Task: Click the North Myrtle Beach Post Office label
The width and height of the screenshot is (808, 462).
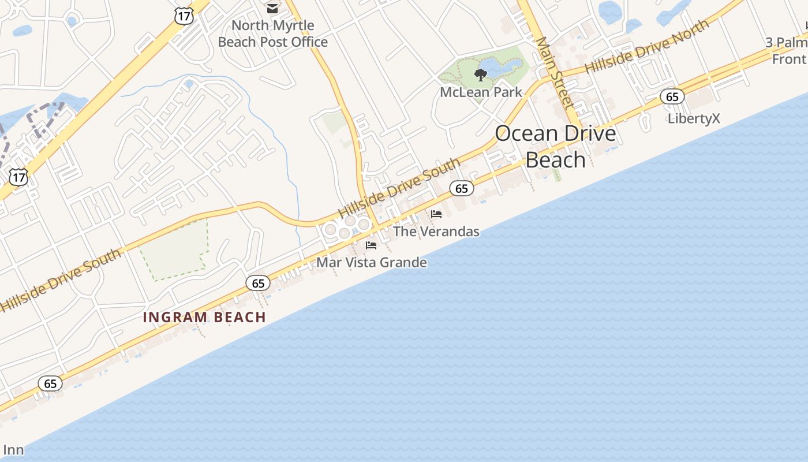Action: coord(273,33)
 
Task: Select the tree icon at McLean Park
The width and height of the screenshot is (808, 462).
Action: coord(480,74)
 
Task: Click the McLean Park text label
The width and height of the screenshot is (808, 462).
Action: coord(481,92)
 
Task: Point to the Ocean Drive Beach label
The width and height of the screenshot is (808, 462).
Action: coord(555,146)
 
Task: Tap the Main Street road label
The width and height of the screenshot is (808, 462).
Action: coord(553,73)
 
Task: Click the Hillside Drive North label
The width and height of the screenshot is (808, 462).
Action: coord(647,47)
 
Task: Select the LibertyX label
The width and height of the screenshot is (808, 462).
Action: coord(694,118)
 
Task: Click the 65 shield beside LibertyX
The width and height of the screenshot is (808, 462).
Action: coord(672,96)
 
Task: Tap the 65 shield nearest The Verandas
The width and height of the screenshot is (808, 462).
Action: coord(461,188)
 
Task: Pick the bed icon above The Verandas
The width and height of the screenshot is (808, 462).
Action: coord(436,214)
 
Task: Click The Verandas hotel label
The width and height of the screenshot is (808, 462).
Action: coord(436,232)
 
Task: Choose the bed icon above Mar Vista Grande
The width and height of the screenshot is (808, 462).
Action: coord(371,245)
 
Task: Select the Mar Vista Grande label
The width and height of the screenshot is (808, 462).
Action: coord(372,263)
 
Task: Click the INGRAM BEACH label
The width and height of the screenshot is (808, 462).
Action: coord(204,317)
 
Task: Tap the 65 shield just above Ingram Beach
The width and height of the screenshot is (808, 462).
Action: coord(258,283)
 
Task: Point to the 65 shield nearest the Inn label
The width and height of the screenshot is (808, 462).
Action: coord(50,383)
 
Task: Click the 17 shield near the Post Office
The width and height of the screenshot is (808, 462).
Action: coord(184,16)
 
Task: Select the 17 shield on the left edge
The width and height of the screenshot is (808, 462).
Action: coord(18,177)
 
